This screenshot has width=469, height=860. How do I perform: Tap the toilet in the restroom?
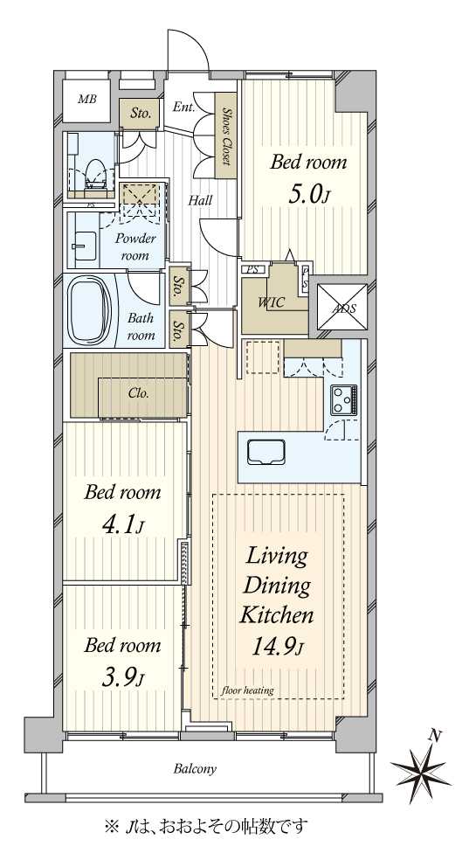[x=95, y=175]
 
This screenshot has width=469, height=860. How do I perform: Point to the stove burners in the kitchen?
[x=344, y=399]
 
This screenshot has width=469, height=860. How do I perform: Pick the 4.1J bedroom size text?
[x=123, y=525]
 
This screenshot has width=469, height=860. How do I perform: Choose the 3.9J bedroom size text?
[x=123, y=678]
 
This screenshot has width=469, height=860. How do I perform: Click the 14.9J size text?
[x=277, y=648]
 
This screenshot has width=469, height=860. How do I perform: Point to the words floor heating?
[x=248, y=690]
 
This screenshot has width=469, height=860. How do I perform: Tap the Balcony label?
[x=195, y=769]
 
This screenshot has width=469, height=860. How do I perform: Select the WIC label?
[x=272, y=302]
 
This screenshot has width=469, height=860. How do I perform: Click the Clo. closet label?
[x=139, y=392]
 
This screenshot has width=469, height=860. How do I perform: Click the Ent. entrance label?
[x=184, y=107]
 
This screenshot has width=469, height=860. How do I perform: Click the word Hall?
[x=201, y=201]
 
